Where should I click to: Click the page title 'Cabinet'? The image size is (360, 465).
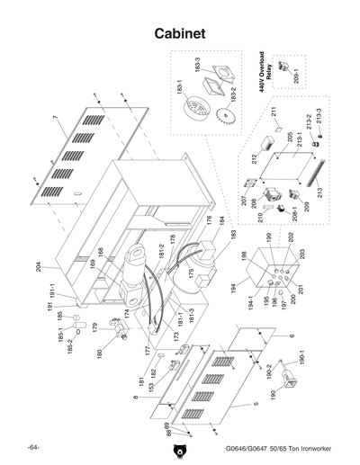[x=180, y=33]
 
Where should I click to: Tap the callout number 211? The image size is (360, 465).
[x=271, y=112]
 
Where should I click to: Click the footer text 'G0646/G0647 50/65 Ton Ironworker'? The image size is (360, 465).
[x=270, y=449]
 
